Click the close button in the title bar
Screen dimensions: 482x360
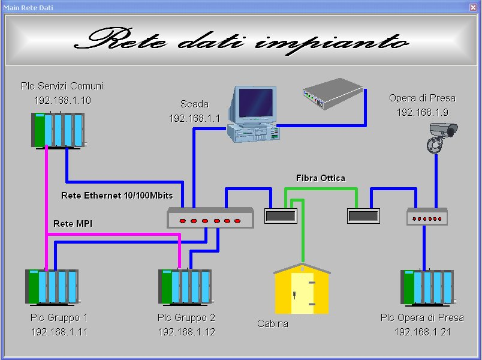pyautogui.click(x=473, y=7)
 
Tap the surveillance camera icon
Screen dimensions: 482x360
pyautogui.click(x=442, y=137)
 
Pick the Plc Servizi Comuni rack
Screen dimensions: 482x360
pyautogui.click(x=58, y=130)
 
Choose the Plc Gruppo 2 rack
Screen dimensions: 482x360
pyautogui.click(x=186, y=287)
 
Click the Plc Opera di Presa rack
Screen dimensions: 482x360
pyautogui.click(x=428, y=287)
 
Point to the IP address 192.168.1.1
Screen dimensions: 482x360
pyautogui.click(x=195, y=118)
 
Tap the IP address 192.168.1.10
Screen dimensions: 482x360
pyautogui.click(x=62, y=100)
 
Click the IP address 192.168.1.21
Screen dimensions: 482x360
pyautogui.click(x=423, y=332)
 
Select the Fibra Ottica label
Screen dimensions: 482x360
pyautogui.click(x=321, y=178)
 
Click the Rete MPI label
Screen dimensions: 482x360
pyautogui.click(x=73, y=224)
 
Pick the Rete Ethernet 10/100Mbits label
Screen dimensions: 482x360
pyautogui.click(x=117, y=196)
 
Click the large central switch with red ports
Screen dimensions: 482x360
pyautogui.click(x=210, y=218)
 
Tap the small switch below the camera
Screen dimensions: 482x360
pyautogui.click(x=427, y=217)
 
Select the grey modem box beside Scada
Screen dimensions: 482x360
pyautogui.click(x=333, y=94)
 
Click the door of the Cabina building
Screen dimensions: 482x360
pyautogui.click(x=303, y=292)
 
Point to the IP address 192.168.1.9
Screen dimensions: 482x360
pyautogui.click(x=423, y=113)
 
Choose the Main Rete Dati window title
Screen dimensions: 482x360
pyautogui.click(x=28, y=8)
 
